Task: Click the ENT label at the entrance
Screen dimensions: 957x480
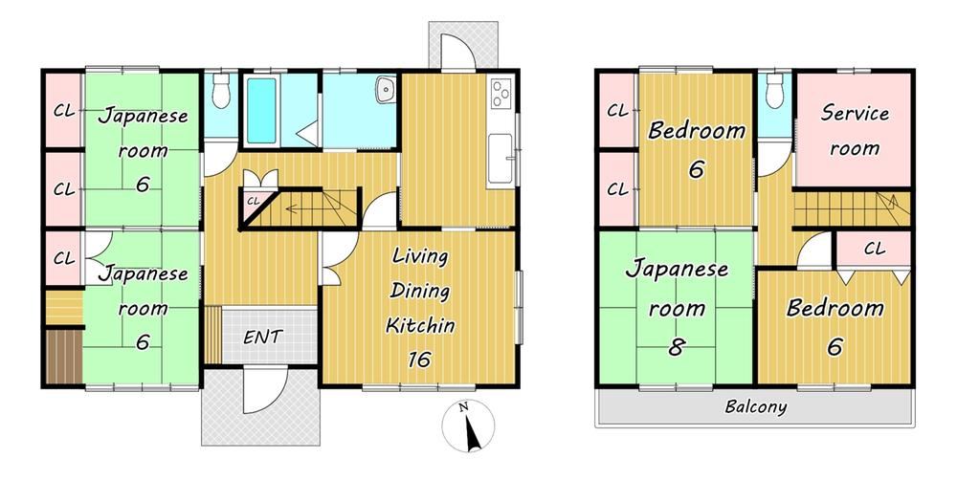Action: pyautogui.click(x=262, y=337)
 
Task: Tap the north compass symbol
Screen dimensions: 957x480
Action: pyautogui.click(x=468, y=426)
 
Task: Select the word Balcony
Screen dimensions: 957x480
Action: pyautogui.click(x=756, y=406)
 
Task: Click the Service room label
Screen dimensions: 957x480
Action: pyautogui.click(x=855, y=130)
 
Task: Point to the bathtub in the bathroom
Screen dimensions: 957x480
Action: pyautogui.click(x=261, y=111)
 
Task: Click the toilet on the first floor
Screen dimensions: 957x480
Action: pyautogui.click(x=221, y=92)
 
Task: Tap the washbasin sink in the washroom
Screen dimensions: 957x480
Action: pyautogui.click(x=386, y=90)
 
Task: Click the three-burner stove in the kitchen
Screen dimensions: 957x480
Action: pyautogui.click(x=500, y=94)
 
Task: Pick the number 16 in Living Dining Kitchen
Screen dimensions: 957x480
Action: pyautogui.click(x=420, y=360)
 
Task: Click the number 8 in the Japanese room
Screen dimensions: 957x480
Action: pyautogui.click(x=676, y=347)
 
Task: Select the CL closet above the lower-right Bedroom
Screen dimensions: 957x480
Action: pyautogui.click(x=874, y=249)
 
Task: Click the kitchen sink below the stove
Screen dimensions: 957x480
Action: pyautogui.click(x=501, y=158)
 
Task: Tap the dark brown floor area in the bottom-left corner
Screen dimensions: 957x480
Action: pyautogui.click(x=64, y=357)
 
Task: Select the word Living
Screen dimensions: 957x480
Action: pyautogui.click(x=419, y=256)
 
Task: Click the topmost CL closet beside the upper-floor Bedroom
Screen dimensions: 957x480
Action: pyautogui.click(x=617, y=111)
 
